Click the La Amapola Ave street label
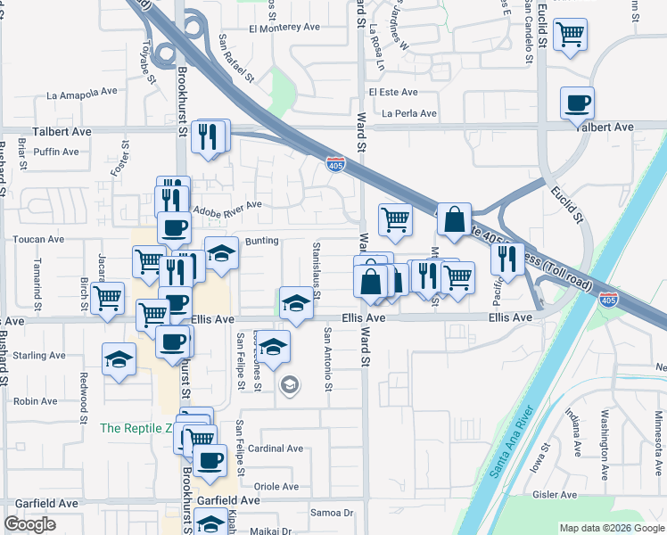click(82, 92)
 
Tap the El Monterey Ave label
click(284, 28)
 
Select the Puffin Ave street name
click(55, 152)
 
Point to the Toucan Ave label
click(37, 239)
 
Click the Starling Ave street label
click(39, 355)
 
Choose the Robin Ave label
click(36, 401)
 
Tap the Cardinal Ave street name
click(276, 449)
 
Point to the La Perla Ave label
click(409, 113)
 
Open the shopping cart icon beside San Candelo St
click(570, 35)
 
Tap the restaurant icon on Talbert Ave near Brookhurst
click(209, 136)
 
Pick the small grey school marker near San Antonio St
click(289, 385)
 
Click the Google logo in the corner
click(29, 524)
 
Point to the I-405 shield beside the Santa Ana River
click(608, 300)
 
